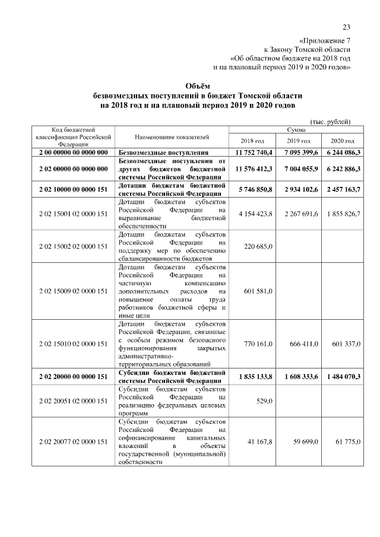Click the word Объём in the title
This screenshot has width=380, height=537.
click(189, 86)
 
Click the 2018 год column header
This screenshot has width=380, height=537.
click(252, 141)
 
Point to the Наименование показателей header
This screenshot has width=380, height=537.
click(172, 137)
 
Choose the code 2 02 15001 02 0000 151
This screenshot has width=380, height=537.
click(73, 213)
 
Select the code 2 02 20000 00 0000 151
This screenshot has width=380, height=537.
click(73, 376)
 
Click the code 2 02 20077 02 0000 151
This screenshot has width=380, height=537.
click(73, 442)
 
